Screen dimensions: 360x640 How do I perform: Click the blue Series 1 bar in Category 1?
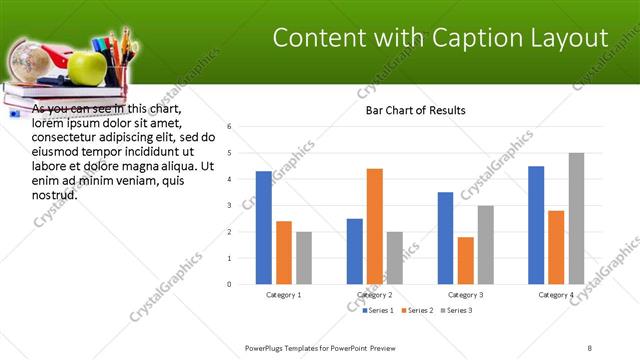tap(263, 228)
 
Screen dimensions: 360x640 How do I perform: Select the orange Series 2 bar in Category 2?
tap(375, 226)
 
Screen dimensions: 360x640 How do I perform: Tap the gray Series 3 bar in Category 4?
tap(576, 218)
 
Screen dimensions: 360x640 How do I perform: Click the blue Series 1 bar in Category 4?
tap(536, 225)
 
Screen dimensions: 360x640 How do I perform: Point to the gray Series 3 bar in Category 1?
tap(304, 258)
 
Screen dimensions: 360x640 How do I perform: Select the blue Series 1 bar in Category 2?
tap(355, 251)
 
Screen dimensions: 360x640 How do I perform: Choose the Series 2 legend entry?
tap(415, 310)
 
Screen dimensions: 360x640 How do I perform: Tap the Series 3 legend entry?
tap(455, 310)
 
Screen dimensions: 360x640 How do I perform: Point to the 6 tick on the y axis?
tap(229, 127)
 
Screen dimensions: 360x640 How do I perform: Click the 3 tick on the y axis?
tap(229, 205)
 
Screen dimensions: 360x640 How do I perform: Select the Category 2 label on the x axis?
tap(375, 295)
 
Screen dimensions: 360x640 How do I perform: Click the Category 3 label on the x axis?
tap(466, 295)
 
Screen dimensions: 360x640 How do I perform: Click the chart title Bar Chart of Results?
tap(415, 110)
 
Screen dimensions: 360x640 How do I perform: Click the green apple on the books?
tap(87, 68)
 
